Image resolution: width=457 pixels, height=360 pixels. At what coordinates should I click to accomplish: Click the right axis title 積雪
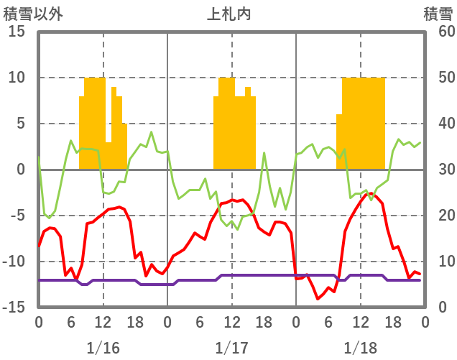438,14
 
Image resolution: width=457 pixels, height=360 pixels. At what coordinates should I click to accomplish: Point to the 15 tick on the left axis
17,32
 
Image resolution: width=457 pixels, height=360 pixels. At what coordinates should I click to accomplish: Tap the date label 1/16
103,347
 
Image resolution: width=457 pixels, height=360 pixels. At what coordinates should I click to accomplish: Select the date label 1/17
231,347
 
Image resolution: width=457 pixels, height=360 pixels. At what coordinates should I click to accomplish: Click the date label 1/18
360,347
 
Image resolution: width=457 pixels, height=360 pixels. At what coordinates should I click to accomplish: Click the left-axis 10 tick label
17,78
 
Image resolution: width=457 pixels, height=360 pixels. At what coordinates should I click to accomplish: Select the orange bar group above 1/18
361,122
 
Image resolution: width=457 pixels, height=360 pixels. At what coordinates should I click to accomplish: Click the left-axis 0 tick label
20,170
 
